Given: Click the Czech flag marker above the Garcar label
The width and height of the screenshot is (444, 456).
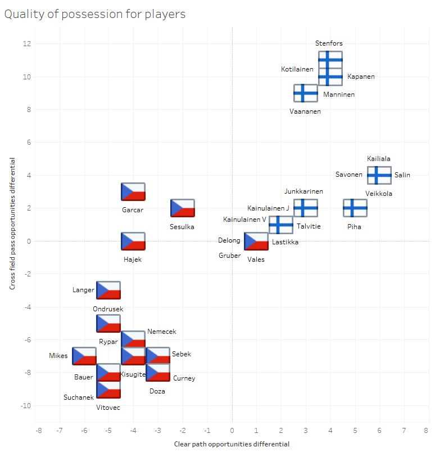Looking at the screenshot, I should (x=133, y=192).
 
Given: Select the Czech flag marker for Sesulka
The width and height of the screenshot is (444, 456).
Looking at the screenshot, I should (x=183, y=208).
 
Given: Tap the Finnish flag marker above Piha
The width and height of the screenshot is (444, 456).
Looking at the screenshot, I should (x=355, y=208).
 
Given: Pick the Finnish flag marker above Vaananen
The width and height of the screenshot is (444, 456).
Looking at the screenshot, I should (x=306, y=93).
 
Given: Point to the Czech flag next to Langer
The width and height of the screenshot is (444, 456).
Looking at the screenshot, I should (x=108, y=290).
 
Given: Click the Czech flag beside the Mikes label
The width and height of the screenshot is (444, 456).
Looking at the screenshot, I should (x=84, y=356).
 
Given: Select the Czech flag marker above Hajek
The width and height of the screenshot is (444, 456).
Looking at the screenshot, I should (x=133, y=242).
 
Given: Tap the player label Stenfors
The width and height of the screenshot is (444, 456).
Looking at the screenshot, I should (x=329, y=43).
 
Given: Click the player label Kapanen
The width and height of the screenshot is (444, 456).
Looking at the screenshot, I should (x=361, y=77).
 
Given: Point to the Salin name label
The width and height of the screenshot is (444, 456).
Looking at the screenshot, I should (x=402, y=175).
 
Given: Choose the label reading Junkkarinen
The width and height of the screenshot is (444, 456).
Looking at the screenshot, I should (x=303, y=191).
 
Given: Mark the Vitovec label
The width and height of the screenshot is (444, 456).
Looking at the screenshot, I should (x=108, y=407).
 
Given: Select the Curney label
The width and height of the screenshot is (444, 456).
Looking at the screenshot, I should (x=184, y=378).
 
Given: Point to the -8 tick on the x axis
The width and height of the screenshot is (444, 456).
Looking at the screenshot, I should (x=38, y=431).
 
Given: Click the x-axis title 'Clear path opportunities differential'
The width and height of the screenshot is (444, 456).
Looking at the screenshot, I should (x=232, y=444).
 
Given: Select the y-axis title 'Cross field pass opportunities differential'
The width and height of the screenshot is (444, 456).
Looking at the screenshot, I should (x=12, y=223).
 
